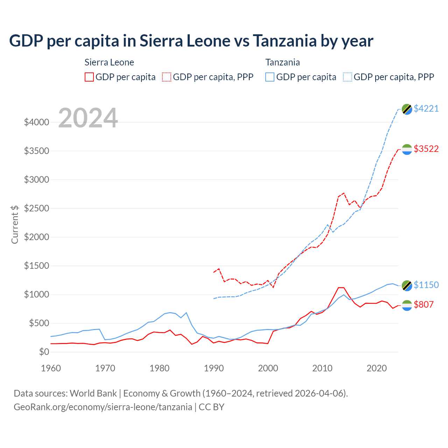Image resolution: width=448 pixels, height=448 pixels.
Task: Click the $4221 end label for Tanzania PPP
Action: pos(426,109)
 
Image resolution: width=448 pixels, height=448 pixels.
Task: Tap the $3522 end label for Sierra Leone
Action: pos(426,149)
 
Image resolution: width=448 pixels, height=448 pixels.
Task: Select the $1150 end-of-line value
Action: pos(426,285)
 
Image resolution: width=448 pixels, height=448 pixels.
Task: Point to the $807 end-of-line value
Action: pos(423,305)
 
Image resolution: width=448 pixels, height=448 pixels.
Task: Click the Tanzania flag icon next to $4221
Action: pos(407,109)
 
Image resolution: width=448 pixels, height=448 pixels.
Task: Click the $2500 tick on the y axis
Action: pos(36,209)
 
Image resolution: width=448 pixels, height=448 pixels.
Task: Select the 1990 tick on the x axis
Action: pos(214,369)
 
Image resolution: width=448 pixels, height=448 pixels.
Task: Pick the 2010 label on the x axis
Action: pos(322,369)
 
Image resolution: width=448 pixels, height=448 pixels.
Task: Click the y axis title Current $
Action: pos(15,224)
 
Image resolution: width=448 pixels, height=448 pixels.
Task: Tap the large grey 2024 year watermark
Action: pos(88,118)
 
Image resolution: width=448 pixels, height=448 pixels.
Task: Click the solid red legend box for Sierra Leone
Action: pos(89,77)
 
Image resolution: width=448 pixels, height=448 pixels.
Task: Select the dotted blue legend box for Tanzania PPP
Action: pos(348,77)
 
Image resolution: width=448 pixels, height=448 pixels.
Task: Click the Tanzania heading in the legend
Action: pos(282,63)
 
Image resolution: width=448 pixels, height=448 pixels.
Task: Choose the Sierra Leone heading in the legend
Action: pos(109,63)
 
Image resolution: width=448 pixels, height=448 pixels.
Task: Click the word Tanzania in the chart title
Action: pos(284,41)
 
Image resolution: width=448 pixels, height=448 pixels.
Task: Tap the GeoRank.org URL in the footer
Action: pos(103,407)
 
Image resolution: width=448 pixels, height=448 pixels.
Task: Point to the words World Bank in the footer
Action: pos(93,393)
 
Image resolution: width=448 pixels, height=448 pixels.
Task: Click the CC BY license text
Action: pos(211,407)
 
